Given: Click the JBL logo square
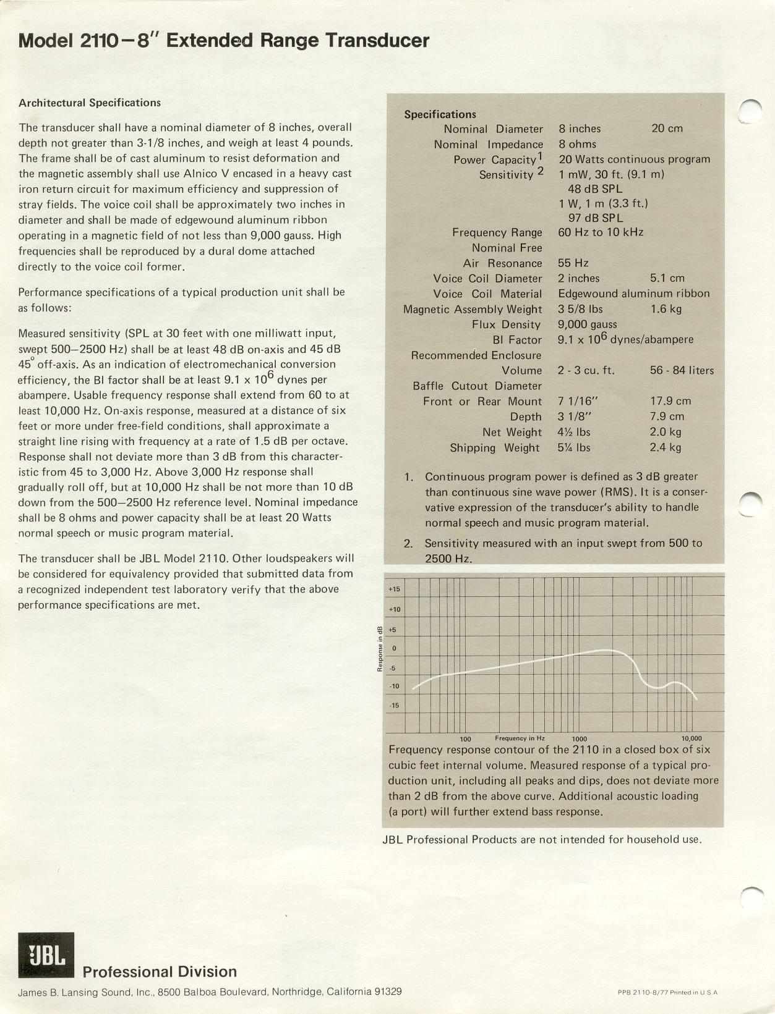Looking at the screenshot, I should pyautogui.click(x=46, y=955).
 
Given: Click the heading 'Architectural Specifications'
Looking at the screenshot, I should pyautogui.click(x=90, y=103).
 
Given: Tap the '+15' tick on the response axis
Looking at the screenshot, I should pyautogui.click(x=394, y=589).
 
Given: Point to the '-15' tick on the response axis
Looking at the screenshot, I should pyautogui.click(x=394, y=706).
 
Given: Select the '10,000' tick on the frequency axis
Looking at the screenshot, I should pyautogui.click(x=691, y=738).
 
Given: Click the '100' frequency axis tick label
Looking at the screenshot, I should pyautogui.click(x=466, y=739).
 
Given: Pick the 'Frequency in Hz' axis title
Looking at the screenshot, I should pyautogui.click(x=520, y=738).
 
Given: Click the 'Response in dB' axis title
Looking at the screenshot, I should pyautogui.click(x=380, y=648).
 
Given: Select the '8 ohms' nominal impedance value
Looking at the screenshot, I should pyautogui.click(x=578, y=144).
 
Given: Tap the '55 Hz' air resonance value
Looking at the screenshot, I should pyautogui.click(x=573, y=263).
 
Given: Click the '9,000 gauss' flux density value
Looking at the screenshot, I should pyautogui.click(x=587, y=324).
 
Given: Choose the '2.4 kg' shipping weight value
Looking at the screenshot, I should pyautogui.click(x=666, y=447).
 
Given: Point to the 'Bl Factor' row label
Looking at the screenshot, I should pyautogui.click(x=516, y=340).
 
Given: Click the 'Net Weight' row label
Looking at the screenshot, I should pyautogui.click(x=512, y=432).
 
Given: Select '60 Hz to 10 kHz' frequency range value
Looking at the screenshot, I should pyautogui.click(x=601, y=232).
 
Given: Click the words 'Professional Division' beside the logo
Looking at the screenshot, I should pyautogui.click(x=160, y=972).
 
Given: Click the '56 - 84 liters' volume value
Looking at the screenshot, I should pyautogui.click(x=682, y=371).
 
